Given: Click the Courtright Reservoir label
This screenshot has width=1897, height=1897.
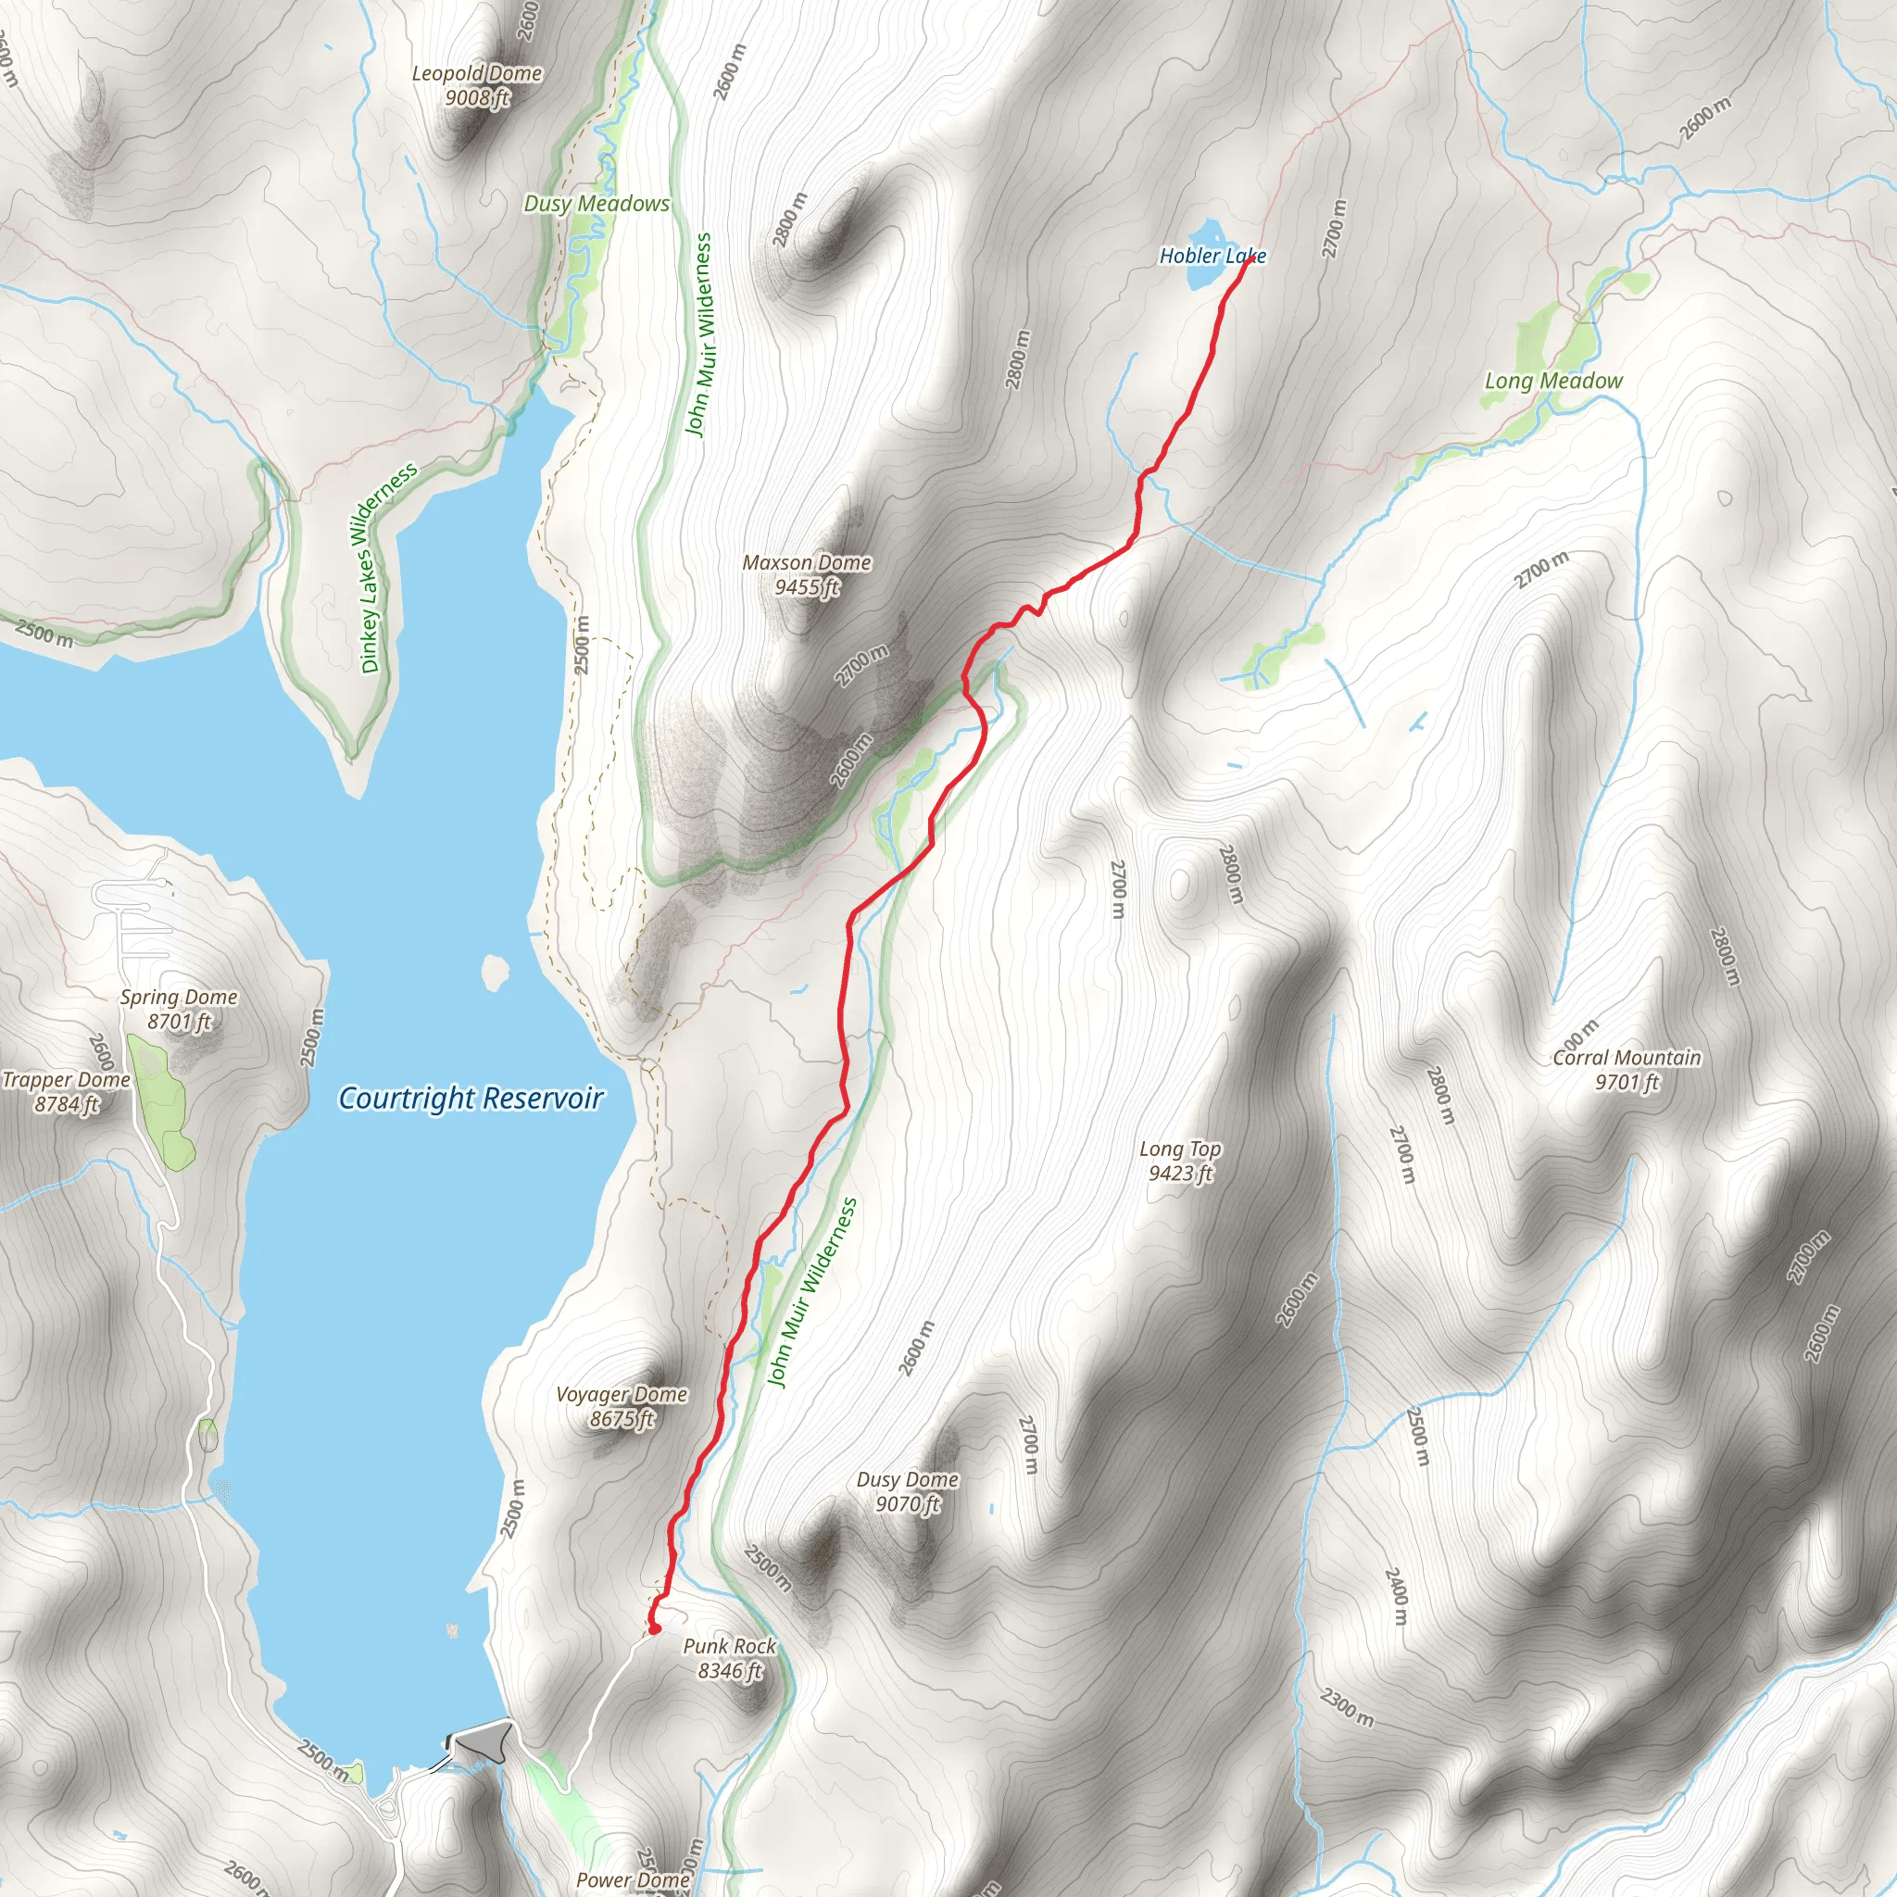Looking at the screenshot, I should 471,1098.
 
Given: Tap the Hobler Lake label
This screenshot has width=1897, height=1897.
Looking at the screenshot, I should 1212,257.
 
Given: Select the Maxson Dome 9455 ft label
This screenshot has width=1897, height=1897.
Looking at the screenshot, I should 806,574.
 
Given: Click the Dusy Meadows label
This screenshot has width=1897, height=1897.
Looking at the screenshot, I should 596,203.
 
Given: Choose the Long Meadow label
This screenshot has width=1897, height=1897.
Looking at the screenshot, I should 1553,381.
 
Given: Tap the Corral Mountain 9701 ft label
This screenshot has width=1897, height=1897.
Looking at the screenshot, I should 1626,1069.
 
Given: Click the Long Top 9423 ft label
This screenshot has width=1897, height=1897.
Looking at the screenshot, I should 1180,1161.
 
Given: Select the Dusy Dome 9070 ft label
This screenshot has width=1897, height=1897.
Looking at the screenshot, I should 907,1491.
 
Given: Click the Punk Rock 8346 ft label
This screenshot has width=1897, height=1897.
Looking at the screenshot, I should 730,1658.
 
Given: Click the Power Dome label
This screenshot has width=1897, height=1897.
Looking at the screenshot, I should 633,1879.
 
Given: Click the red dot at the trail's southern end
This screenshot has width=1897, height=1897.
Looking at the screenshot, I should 653,1629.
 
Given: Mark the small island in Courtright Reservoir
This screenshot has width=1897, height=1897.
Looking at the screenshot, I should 496,974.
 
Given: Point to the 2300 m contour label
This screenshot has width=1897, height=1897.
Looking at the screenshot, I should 1346,1706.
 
